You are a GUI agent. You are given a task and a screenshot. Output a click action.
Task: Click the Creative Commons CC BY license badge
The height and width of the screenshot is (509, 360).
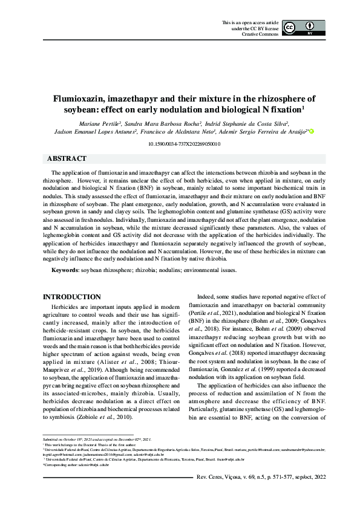coord(300,29)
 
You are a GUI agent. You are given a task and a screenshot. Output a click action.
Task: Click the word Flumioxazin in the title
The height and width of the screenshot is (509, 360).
coord(79,99)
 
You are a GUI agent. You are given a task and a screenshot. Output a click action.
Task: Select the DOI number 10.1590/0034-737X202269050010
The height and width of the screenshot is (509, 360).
coord(180,144)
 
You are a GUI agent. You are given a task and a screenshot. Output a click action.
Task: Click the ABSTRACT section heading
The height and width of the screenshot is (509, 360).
coord(67,159)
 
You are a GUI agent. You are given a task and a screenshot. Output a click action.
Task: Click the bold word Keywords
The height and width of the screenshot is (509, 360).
coord(64,270)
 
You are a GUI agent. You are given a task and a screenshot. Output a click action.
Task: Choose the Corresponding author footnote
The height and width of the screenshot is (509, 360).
coord(76,464)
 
